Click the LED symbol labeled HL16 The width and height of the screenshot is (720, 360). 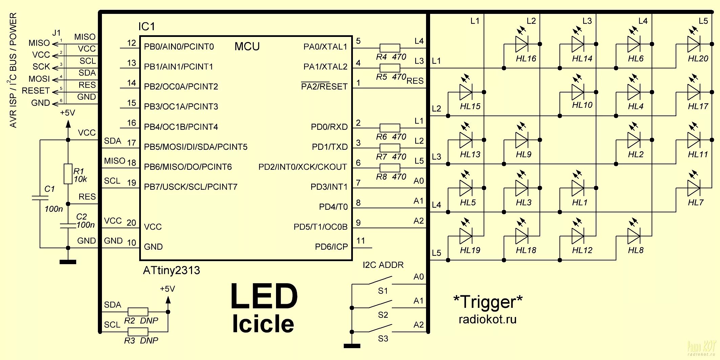(x=522, y=44)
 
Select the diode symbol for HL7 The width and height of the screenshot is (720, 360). (x=694, y=188)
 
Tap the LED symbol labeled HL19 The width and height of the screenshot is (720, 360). (x=466, y=236)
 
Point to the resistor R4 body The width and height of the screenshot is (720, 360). (x=389, y=48)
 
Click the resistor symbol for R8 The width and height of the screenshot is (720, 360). (x=389, y=168)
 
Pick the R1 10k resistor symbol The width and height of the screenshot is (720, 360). (x=68, y=174)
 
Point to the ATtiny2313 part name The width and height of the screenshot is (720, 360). (x=171, y=270)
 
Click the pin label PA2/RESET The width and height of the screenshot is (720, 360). (x=324, y=87)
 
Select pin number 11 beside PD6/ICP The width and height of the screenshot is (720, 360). (x=361, y=241)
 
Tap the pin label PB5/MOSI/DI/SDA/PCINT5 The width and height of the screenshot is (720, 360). (x=195, y=147)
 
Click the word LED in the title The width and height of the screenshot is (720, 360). (x=264, y=297)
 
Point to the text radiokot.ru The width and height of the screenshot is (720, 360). (x=487, y=319)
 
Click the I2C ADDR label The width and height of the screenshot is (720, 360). (x=383, y=265)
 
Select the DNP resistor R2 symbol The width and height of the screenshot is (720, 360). (x=138, y=312)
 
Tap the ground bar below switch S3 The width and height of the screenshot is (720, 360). (x=352, y=346)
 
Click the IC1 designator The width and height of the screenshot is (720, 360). (x=147, y=26)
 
